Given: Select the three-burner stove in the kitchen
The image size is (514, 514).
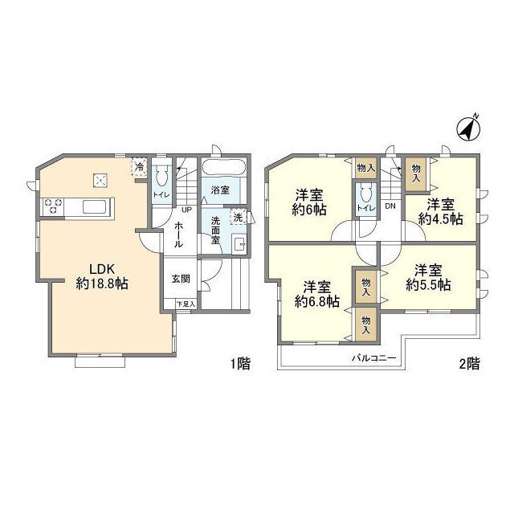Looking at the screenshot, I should (x=51, y=206).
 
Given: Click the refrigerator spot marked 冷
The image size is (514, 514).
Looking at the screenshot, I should (x=138, y=167).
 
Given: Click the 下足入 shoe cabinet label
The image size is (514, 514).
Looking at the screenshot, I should (x=186, y=304).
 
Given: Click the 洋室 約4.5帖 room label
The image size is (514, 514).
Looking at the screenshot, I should (x=444, y=210).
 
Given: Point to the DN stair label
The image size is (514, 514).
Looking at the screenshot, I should (x=390, y=206).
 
